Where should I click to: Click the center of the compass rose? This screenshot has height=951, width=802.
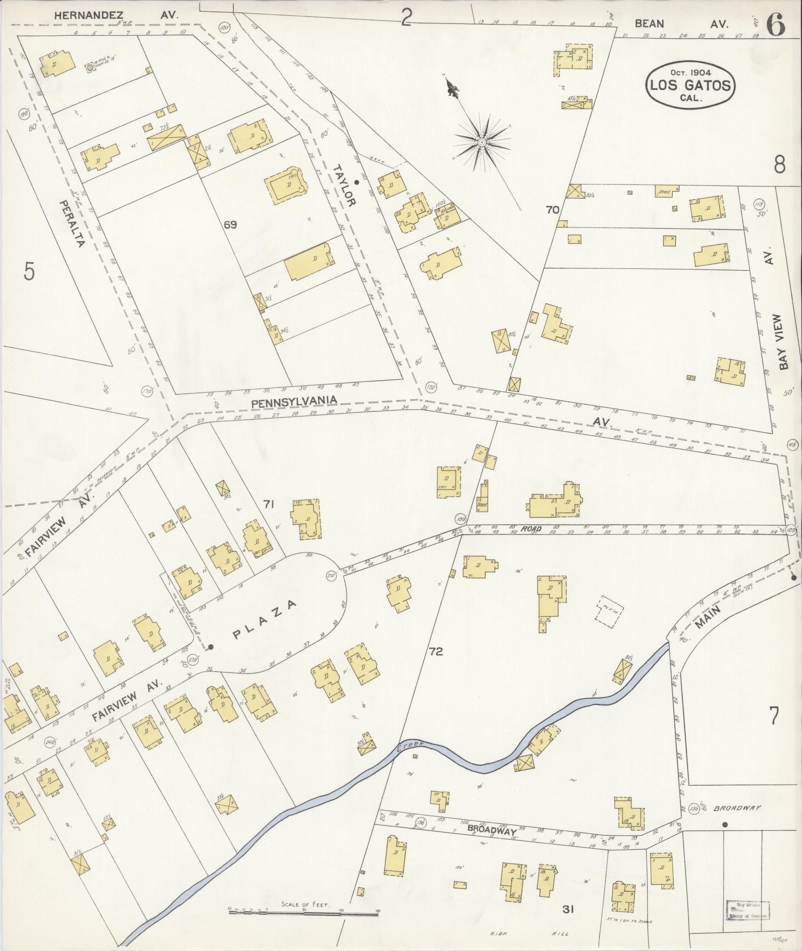pos(481,143)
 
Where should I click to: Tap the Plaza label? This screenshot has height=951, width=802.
pos(265,620)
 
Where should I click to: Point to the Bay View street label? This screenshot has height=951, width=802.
pos(784,342)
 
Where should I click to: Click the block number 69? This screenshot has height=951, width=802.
pos(230,225)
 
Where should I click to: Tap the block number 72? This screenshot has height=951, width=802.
pos(436,651)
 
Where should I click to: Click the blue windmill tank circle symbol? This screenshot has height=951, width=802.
pos(90,67)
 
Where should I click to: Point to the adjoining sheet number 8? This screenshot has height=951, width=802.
pos(779,164)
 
